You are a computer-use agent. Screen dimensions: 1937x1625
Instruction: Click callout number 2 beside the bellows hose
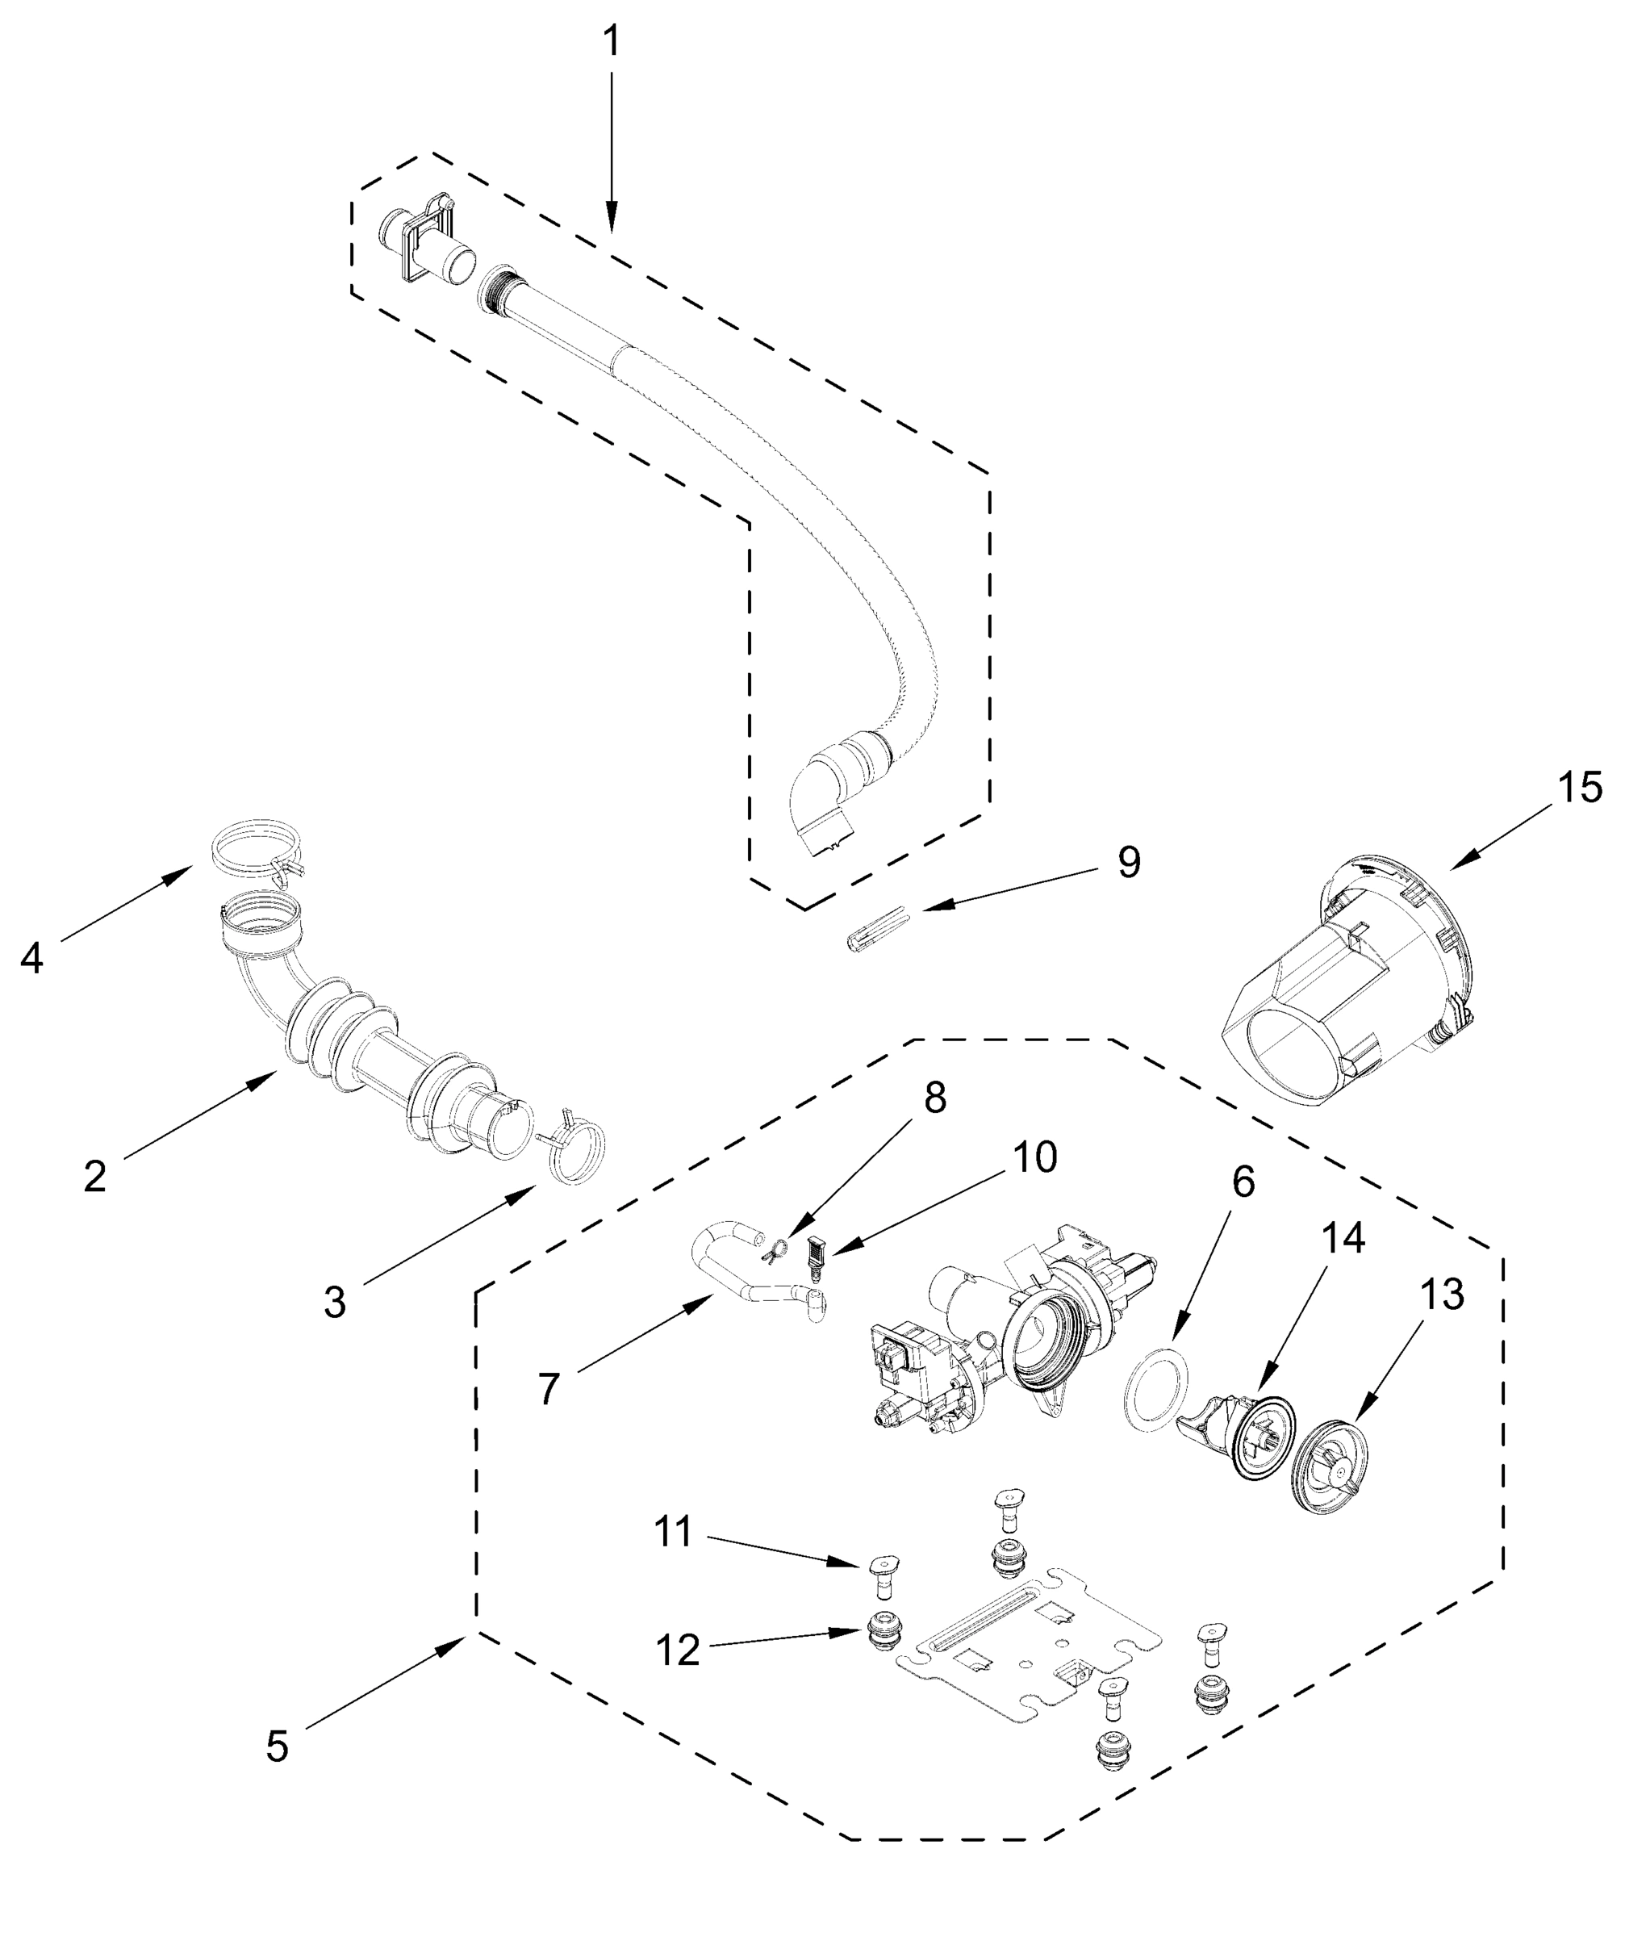[95, 1177]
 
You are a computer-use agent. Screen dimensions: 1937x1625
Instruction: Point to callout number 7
[549, 1388]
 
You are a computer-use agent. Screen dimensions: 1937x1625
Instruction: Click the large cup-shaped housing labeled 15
[1347, 987]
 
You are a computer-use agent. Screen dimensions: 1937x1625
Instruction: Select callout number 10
[1034, 1157]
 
